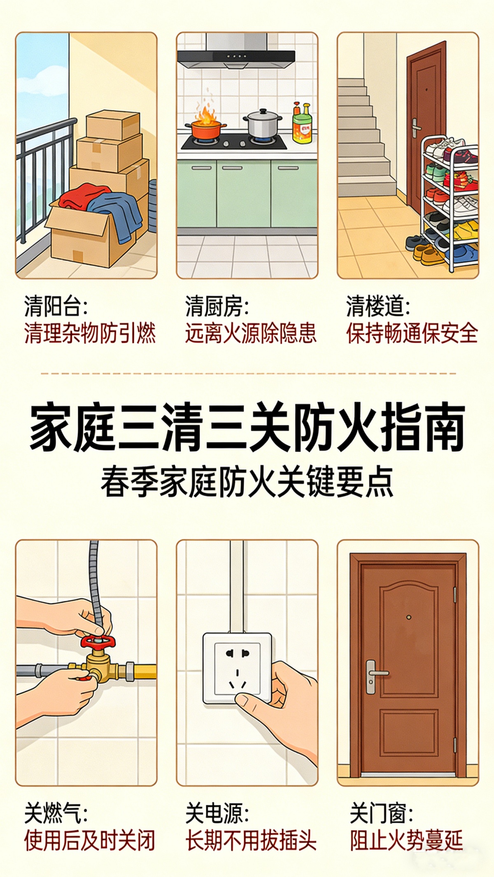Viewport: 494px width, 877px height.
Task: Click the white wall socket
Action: point(237,668)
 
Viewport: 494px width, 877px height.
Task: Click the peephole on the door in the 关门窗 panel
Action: point(408,617)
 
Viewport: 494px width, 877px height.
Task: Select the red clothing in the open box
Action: point(84,197)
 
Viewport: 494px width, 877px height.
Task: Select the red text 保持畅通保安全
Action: point(412,333)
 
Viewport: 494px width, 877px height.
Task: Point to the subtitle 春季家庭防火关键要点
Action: point(247,481)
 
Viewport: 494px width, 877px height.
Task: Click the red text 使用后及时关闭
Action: point(89,840)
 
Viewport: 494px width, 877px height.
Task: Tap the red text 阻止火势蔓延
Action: point(407,840)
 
